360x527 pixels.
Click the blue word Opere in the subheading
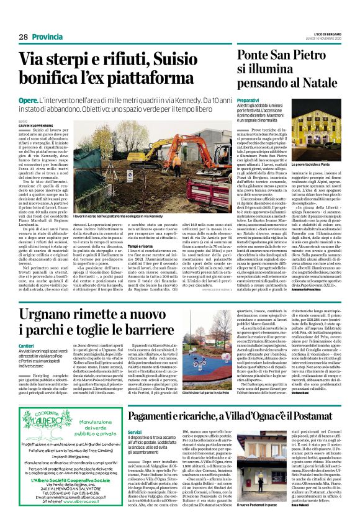[28, 101]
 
